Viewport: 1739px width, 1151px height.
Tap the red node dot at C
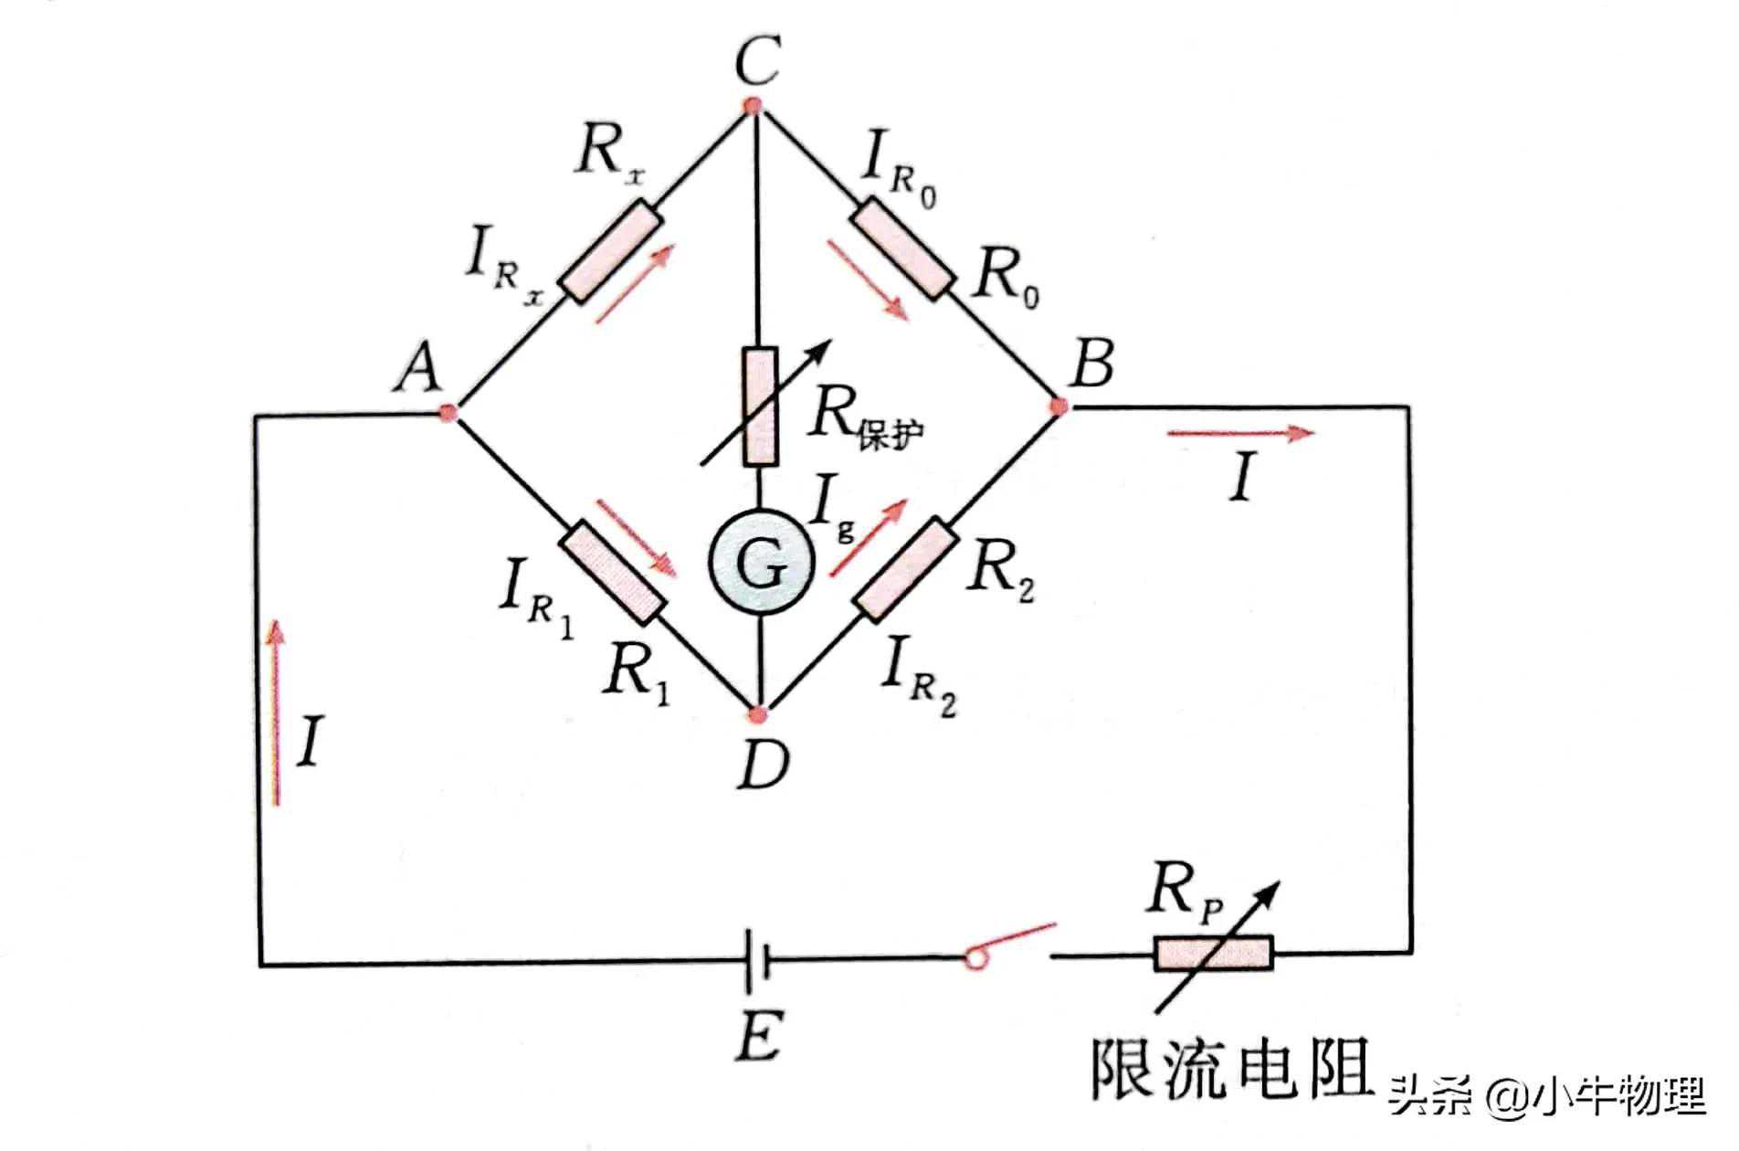click(x=753, y=105)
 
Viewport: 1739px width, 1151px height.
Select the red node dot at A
click(x=448, y=413)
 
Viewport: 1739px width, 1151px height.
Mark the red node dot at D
click(x=757, y=713)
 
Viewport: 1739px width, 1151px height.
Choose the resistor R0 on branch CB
click(x=902, y=249)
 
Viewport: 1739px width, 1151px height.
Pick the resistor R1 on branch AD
click(x=611, y=573)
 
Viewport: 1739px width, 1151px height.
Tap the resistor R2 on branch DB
click(x=905, y=568)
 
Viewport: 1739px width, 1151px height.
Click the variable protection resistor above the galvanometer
click(x=760, y=406)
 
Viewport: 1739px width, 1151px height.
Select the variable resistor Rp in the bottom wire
click(x=1212, y=953)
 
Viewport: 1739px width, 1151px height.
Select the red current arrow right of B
click(x=1240, y=434)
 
